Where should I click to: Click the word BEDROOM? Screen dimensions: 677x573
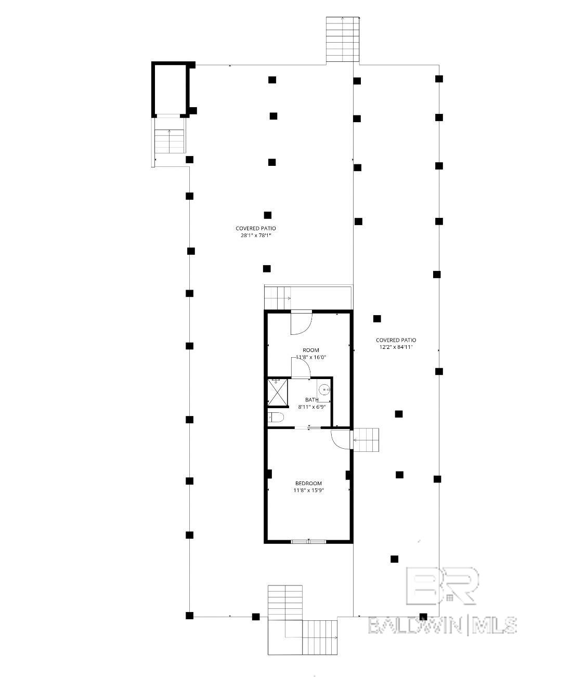coord(308,484)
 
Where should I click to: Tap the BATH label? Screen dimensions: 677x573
coord(311,400)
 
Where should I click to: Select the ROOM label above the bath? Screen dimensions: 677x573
coord(311,350)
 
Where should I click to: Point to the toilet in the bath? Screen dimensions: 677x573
coord(276,417)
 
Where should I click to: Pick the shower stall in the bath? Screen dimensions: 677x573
coord(278,392)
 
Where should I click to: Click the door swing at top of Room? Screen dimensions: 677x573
coord(301,323)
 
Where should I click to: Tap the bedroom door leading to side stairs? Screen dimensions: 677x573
coord(341,438)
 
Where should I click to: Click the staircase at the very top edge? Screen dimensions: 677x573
coord(343,40)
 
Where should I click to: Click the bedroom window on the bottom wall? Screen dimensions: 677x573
coord(309,542)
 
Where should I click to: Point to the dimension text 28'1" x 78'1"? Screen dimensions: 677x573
coord(255,236)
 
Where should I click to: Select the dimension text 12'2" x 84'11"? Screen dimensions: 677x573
coord(396,347)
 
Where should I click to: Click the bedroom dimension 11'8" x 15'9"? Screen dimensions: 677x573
coord(308,490)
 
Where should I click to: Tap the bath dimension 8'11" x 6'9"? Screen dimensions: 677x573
coord(311,407)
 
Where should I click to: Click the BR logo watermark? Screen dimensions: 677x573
coord(442,585)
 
